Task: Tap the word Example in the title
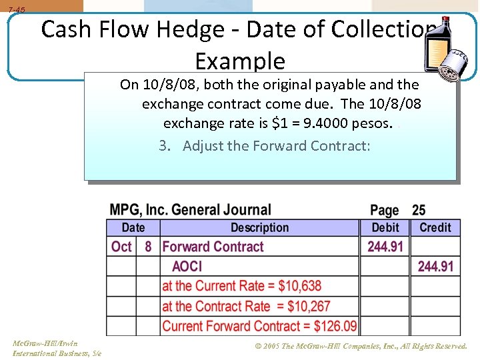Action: pos(240,61)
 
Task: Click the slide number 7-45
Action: pos(17,10)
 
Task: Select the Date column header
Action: pos(133,227)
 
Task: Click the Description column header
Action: pos(259,227)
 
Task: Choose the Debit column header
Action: pos(385,227)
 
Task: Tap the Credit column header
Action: pos(435,227)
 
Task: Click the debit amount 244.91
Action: pos(385,247)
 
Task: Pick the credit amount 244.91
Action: pos(435,267)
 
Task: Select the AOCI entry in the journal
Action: pos(187,267)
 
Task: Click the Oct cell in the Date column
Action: pos(121,247)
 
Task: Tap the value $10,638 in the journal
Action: pos(299,286)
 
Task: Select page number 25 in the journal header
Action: pos(419,210)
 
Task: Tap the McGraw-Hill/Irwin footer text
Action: pos(45,343)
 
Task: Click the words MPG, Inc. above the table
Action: pos(138,210)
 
